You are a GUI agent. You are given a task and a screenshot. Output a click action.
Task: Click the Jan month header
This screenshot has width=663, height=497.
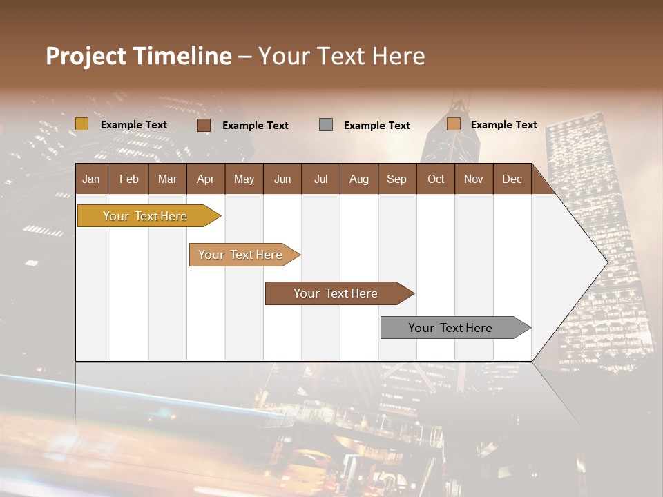click(91, 179)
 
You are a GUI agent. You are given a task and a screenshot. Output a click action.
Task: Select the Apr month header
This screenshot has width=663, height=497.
click(206, 179)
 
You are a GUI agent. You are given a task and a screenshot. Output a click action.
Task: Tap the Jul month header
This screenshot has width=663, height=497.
click(320, 179)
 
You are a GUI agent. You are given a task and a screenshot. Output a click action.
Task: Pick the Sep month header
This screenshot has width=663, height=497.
click(396, 179)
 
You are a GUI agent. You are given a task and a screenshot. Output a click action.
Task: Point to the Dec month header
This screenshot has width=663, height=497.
click(512, 179)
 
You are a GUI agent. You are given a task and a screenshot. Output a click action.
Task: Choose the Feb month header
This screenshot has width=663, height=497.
click(129, 179)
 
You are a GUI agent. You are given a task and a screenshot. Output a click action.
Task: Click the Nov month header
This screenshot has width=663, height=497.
click(473, 179)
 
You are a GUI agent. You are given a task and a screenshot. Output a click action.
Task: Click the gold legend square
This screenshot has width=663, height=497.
click(82, 124)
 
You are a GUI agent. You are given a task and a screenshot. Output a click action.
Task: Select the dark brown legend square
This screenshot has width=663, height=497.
click(204, 125)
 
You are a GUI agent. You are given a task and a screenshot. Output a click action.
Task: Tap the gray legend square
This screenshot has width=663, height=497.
click(326, 124)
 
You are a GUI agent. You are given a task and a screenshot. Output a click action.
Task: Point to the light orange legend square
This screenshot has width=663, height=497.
click(454, 124)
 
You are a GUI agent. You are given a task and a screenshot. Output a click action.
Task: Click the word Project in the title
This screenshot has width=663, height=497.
click(86, 56)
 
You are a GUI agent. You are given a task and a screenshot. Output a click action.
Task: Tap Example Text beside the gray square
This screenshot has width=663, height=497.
click(377, 126)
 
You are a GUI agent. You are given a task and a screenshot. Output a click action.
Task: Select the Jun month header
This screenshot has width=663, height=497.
click(282, 179)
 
